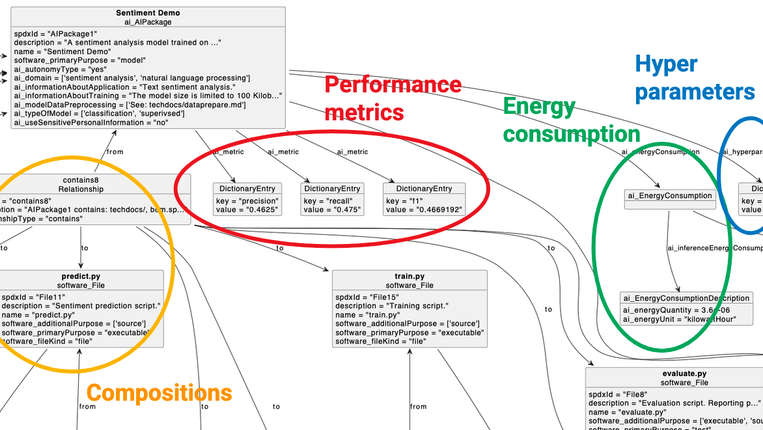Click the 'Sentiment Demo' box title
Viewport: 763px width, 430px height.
pyautogui.click(x=148, y=13)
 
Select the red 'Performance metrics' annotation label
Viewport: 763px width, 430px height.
pyautogui.click(x=393, y=98)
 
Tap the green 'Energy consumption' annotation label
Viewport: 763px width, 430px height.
pyautogui.click(x=571, y=120)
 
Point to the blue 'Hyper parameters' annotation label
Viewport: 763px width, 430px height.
pyautogui.click(x=694, y=78)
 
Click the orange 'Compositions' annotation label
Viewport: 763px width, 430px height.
pyautogui.click(x=159, y=393)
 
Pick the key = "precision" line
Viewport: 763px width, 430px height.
pyautogui.click(x=247, y=201)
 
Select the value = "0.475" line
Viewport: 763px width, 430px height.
pyautogui.click(x=330, y=210)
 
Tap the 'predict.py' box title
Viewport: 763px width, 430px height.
pyautogui.click(x=81, y=276)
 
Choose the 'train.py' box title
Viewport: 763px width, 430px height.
pyautogui.click(x=409, y=276)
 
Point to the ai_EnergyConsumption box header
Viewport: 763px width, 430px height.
pyautogui.click(x=669, y=195)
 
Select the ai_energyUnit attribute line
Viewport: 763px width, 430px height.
pyautogui.click(x=679, y=319)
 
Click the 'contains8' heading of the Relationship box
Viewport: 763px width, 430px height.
pyautogui.click(x=81, y=180)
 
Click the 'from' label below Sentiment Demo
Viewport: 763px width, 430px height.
pyautogui.click(x=115, y=152)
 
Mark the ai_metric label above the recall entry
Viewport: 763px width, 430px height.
pyautogui.click(x=283, y=152)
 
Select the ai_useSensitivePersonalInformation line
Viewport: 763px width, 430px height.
pyautogui.click(x=90, y=123)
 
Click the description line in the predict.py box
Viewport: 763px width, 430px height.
pyautogui.click(x=81, y=306)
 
